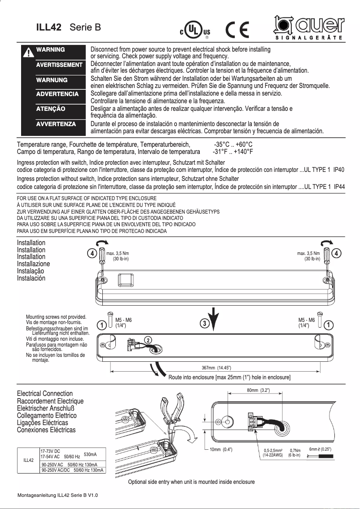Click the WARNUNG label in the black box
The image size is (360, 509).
point(52,80)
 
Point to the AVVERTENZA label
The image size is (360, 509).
point(56,124)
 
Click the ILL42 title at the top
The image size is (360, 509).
point(48,27)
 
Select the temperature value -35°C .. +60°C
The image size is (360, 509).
point(233,145)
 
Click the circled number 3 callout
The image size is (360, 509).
point(204,324)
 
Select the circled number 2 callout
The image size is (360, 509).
point(148,340)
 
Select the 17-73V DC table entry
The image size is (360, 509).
point(50,451)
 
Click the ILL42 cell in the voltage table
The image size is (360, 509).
point(28,460)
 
